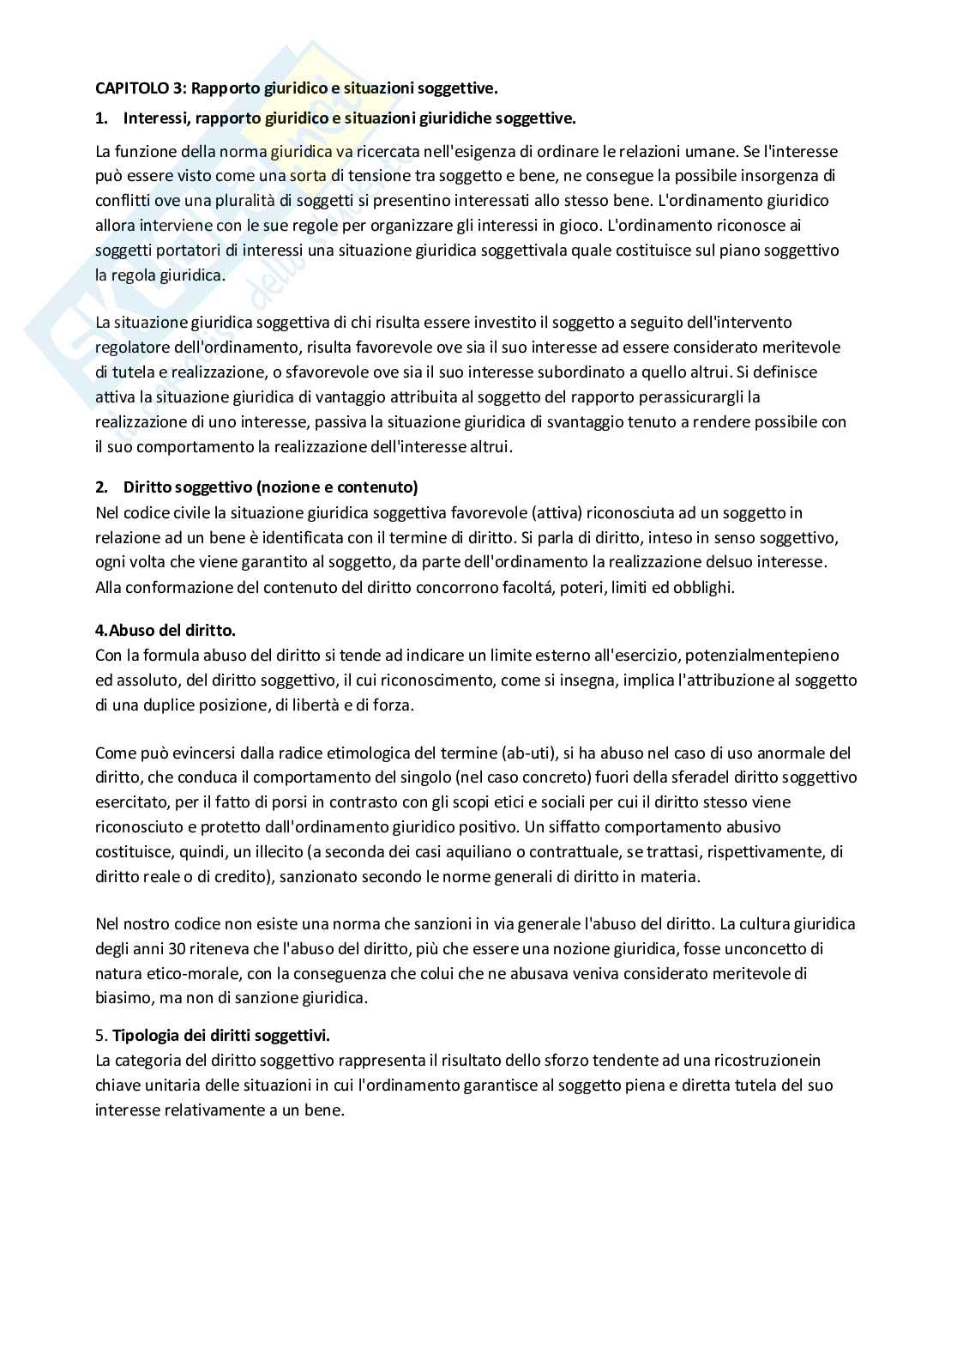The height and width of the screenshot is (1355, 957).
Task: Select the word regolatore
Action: click(x=129, y=348)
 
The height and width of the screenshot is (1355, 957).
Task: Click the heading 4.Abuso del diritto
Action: click(x=165, y=630)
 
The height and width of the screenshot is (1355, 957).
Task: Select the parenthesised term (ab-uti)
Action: click(x=537, y=753)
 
